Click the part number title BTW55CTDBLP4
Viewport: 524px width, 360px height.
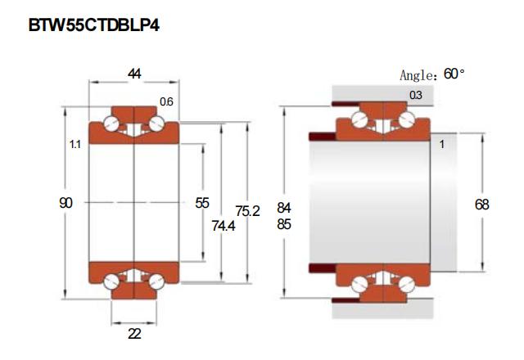[94, 25]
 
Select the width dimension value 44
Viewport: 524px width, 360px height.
[134, 74]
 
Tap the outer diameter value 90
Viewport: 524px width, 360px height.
[65, 203]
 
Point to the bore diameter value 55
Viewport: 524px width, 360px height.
[202, 203]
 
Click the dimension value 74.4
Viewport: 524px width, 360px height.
[224, 226]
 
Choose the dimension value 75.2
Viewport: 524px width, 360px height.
[247, 211]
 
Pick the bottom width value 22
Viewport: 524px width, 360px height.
[134, 334]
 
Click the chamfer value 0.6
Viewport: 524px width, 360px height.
[166, 101]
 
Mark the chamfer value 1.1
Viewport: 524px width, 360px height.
[75, 144]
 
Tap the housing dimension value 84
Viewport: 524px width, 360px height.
[284, 208]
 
